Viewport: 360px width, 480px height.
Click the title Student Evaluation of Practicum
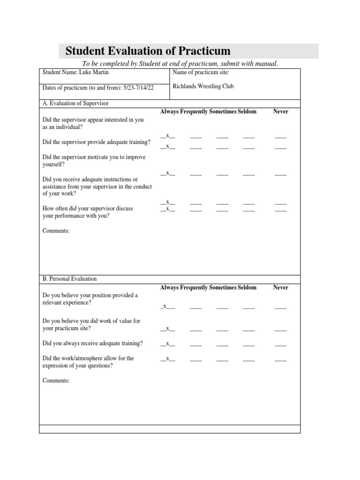[148, 51]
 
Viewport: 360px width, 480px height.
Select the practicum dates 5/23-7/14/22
[136, 88]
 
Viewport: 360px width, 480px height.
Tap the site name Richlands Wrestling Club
[203, 86]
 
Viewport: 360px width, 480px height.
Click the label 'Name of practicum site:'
[201, 73]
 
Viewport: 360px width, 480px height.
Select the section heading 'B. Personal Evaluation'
[69, 279]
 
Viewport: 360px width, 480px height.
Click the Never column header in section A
[280, 112]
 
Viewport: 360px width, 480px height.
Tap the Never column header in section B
[280, 287]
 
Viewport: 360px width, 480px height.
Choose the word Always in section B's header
[169, 287]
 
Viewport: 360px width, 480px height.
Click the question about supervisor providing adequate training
[96, 142]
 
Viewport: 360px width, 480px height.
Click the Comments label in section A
[56, 231]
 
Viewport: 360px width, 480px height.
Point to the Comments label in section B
[56, 381]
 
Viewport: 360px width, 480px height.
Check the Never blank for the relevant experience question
[280, 307]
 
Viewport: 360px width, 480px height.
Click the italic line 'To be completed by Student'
[180, 64]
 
